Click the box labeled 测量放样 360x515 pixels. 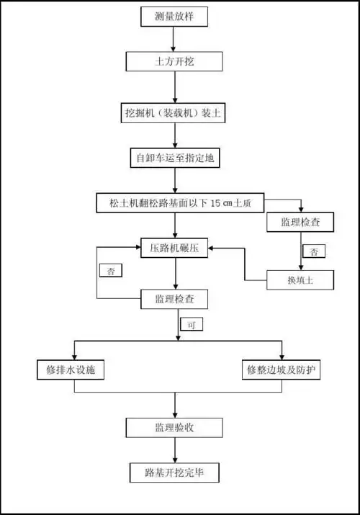[x=174, y=17]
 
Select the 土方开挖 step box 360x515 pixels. [x=174, y=62]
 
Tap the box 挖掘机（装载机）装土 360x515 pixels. [x=174, y=112]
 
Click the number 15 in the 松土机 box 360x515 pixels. [x=220, y=202]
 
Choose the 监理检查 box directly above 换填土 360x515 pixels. [x=300, y=223]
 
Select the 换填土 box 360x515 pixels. [x=300, y=279]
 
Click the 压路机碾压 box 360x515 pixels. [x=174, y=248]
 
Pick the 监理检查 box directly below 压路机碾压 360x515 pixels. [x=174, y=297]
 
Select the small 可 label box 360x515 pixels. [x=192, y=325]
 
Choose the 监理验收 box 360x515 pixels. [x=174, y=428]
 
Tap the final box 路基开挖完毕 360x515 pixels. [x=174, y=473]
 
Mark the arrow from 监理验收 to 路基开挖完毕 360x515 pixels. [x=174, y=451]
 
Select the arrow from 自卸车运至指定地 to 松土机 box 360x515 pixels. [x=174, y=181]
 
